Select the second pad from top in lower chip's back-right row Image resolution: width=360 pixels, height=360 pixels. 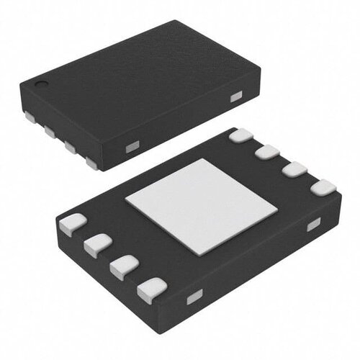pyautogui.click(x=267, y=152)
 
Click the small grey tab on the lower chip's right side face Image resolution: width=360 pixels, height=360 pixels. pyautogui.click(x=313, y=226)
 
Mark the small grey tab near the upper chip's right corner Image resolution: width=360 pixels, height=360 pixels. pyautogui.click(x=235, y=96)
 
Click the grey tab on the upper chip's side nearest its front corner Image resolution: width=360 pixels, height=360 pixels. pyautogui.click(x=131, y=148)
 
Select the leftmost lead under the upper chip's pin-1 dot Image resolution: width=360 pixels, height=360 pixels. pyautogui.click(x=30, y=114)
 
